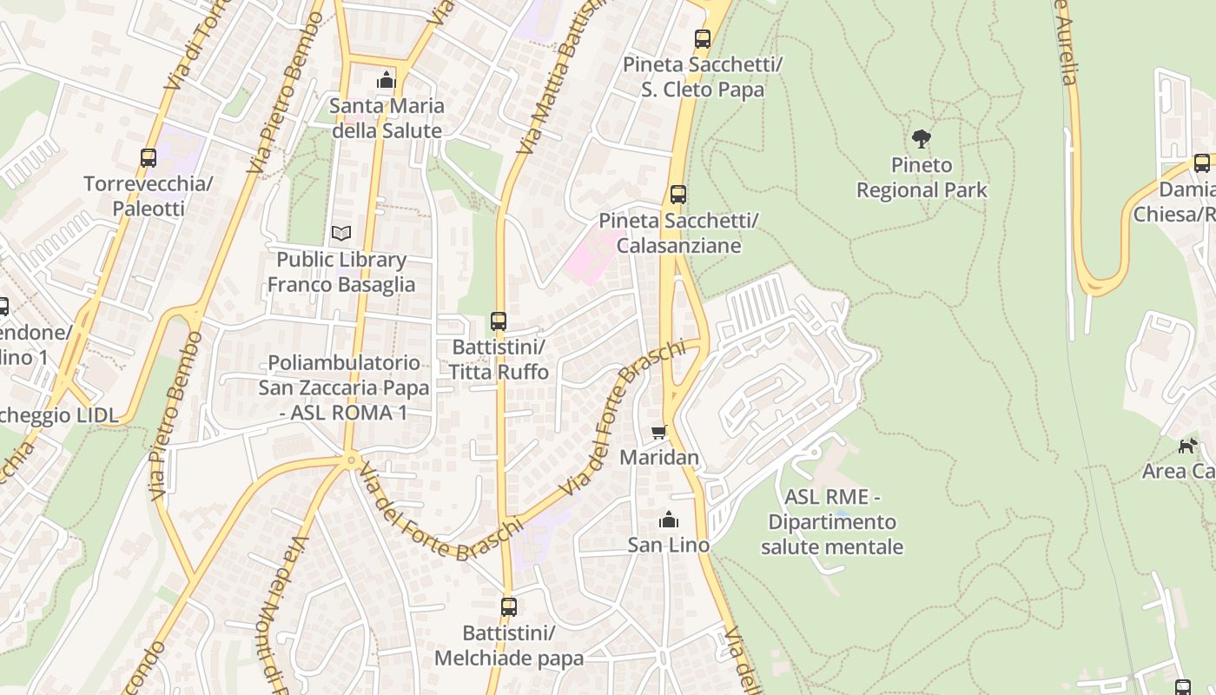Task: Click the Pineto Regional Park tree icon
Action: point(922,138)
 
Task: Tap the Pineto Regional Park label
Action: point(922,177)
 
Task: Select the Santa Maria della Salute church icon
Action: point(386,81)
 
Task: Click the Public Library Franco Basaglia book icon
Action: point(341,233)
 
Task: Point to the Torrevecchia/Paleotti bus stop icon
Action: point(149,158)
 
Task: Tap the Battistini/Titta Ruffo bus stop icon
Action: point(499,321)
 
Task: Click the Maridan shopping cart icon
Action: point(659,432)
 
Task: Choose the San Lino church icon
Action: point(669,520)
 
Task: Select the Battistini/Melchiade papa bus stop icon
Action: point(509,607)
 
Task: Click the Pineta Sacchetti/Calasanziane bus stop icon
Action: point(678,195)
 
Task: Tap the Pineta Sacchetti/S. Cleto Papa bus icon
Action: point(703,39)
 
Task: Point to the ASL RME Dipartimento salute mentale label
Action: point(832,522)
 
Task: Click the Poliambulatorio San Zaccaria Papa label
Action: point(344,387)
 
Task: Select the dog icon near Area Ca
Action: point(1187,446)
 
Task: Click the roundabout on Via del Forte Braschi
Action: point(352,460)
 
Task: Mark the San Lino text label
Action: point(669,545)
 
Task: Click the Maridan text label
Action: point(659,457)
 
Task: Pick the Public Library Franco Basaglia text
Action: point(341,272)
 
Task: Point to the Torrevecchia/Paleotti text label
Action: point(149,196)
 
